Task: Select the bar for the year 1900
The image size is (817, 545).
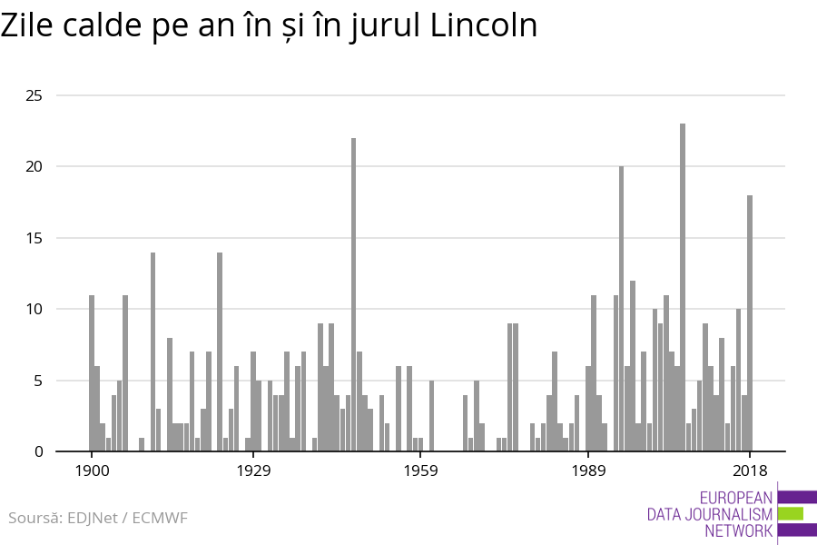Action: pos(92,372)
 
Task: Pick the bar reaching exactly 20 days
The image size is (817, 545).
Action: pos(622,309)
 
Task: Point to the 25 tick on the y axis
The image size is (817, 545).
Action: pos(33,95)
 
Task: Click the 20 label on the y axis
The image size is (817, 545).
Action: pos(33,166)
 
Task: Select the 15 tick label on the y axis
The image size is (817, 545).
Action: pos(33,238)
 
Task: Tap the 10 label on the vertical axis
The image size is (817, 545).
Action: pos(33,309)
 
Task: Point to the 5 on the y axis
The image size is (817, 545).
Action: pos(37,381)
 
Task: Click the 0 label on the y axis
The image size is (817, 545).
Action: pos(37,451)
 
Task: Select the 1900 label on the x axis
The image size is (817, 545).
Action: pos(92,471)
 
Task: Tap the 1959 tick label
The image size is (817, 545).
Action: pos(420,471)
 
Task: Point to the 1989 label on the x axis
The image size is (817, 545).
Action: pos(588,471)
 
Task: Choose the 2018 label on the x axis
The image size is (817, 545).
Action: pos(750,471)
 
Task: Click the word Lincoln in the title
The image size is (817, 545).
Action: pos(484,25)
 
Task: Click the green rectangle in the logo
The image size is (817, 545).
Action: pos(791,513)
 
